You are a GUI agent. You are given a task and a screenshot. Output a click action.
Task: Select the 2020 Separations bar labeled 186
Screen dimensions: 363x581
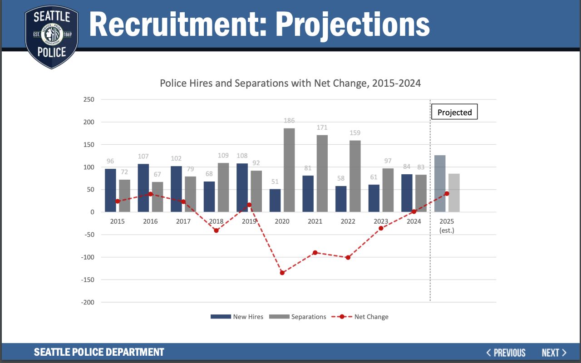[x=289, y=170]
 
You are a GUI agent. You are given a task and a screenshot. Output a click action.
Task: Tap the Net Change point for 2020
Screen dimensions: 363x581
[x=282, y=273]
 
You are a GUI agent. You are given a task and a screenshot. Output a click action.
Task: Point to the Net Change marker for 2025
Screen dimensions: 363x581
[x=447, y=194]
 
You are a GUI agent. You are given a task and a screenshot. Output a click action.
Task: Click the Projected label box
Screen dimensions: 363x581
[x=454, y=113]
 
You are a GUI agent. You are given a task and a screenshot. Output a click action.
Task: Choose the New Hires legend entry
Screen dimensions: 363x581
[x=237, y=317]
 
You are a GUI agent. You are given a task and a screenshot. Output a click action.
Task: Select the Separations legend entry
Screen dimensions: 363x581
[x=298, y=317]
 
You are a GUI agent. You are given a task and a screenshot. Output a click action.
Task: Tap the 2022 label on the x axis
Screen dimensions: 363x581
[x=348, y=221]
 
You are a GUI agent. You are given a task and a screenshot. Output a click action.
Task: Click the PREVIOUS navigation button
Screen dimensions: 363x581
[x=506, y=353]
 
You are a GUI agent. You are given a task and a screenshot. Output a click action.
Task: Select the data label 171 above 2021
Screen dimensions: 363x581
[x=322, y=128]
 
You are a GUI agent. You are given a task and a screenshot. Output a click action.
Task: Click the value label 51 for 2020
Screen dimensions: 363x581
[x=275, y=181]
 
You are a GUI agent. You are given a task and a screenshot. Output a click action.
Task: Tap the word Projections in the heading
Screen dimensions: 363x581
[x=352, y=25]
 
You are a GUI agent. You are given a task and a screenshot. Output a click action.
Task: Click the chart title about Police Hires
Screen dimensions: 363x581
[x=290, y=83]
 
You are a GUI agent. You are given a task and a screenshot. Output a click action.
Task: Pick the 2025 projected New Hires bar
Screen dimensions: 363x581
[x=440, y=184]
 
